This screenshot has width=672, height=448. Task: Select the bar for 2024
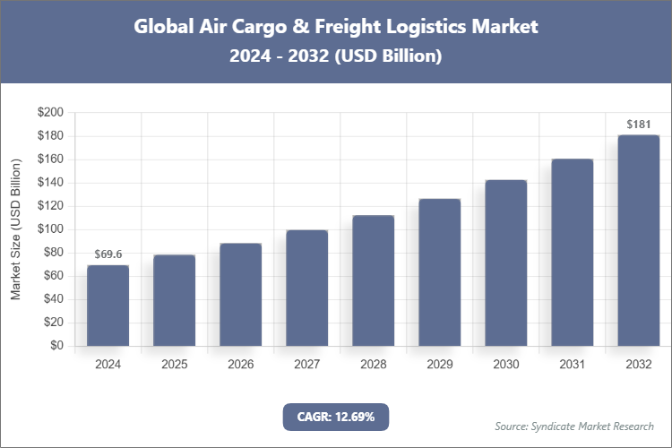(x=108, y=306)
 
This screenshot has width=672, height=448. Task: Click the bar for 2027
(x=306, y=288)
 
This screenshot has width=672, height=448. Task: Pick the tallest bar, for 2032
(x=638, y=240)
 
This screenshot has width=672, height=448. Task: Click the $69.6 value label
(x=108, y=255)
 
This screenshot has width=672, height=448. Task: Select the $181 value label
(x=638, y=125)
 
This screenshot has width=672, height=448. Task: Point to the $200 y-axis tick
(x=49, y=113)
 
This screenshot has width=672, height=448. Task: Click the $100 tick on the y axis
(x=49, y=229)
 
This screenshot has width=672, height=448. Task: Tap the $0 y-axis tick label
(x=56, y=346)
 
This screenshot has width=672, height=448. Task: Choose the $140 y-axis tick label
(x=49, y=183)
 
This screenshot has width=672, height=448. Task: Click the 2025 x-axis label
(x=174, y=365)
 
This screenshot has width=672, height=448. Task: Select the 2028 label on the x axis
(x=373, y=365)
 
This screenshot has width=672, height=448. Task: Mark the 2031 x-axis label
(x=572, y=365)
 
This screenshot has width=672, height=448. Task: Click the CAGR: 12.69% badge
(x=335, y=417)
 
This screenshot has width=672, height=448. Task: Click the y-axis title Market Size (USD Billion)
(x=15, y=229)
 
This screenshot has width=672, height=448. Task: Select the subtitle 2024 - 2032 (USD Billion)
(x=336, y=56)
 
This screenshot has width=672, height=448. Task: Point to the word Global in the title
(x=165, y=26)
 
